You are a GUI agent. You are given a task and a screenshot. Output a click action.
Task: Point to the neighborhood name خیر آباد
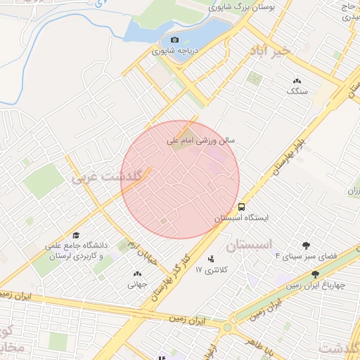tap(271, 52)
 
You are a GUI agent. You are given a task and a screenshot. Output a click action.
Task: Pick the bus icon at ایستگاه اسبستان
tap(241, 207)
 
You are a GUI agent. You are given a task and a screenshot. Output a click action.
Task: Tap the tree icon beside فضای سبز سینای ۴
tap(306, 245)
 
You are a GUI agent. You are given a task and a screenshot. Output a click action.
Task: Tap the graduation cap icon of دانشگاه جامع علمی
tap(76, 236)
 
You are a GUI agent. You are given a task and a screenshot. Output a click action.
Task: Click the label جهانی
tap(136, 285)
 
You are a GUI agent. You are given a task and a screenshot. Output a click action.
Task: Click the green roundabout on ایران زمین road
tap(226, 328)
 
